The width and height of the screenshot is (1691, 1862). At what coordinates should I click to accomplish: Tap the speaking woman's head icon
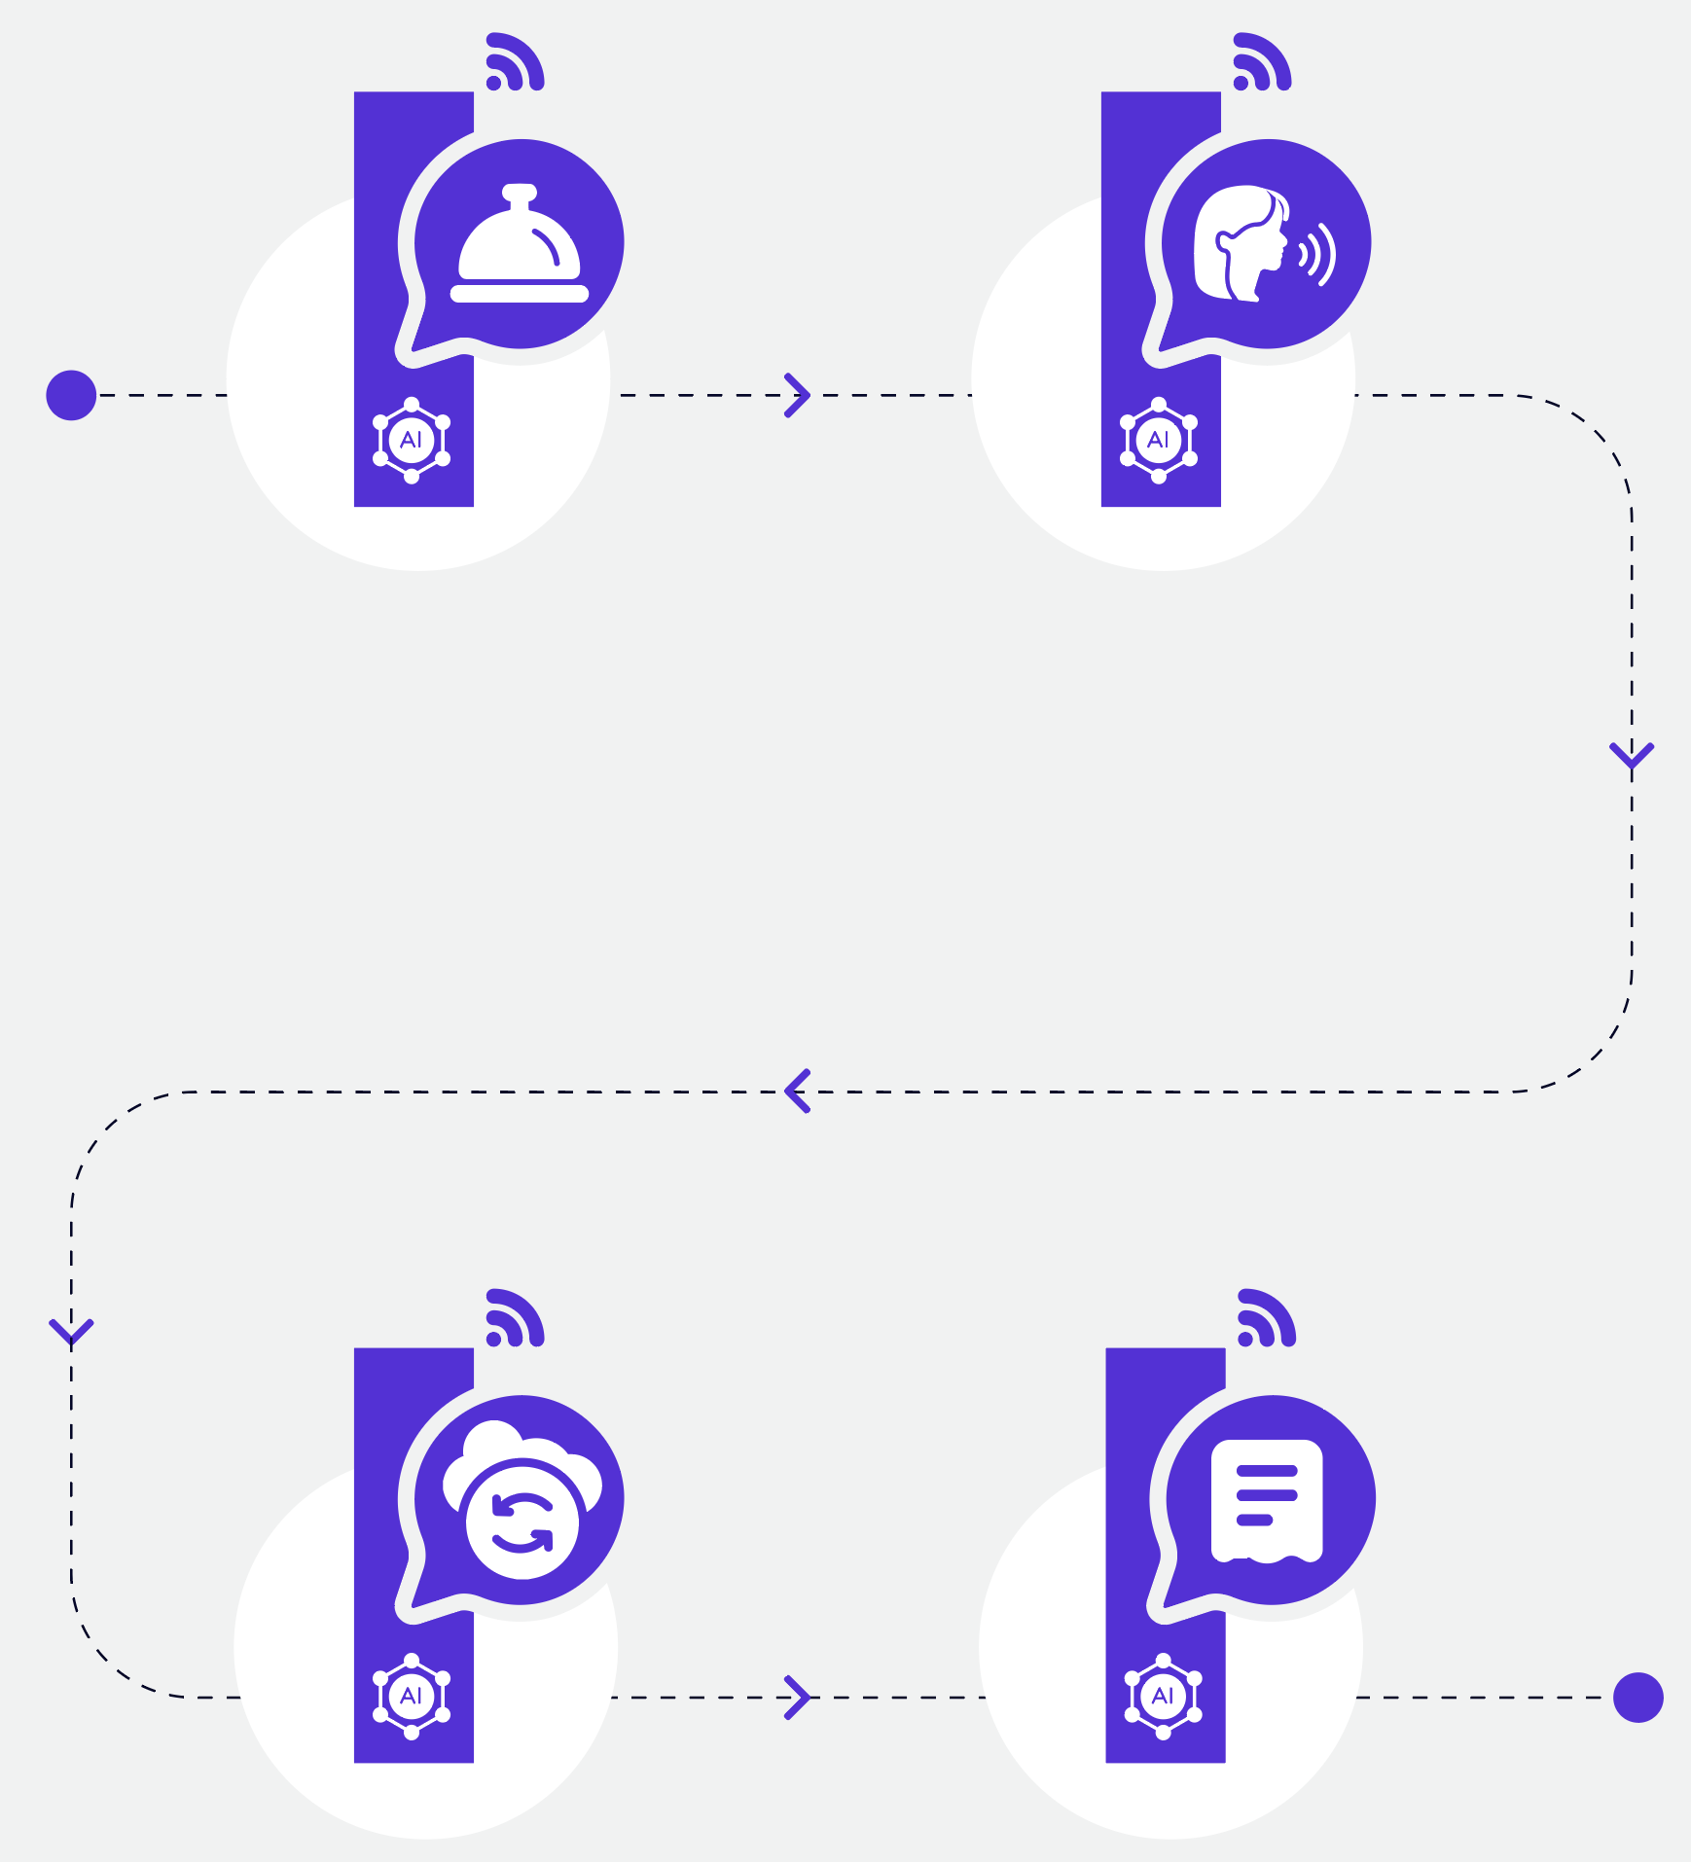click(1241, 243)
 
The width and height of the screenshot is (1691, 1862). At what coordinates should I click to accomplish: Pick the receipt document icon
click(1267, 1501)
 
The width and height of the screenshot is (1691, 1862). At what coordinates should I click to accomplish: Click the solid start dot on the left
click(71, 395)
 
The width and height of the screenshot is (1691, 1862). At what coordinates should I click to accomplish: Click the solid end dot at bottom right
click(1638, 1698)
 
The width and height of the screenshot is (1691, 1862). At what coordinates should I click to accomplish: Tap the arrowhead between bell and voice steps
click(798, 395)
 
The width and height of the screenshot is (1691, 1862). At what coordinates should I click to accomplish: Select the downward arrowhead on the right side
click(1632, 755)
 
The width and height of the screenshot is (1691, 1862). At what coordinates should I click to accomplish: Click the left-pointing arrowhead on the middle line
click(797, 1091)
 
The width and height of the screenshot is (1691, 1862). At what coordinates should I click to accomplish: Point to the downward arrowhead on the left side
click(71, 1332)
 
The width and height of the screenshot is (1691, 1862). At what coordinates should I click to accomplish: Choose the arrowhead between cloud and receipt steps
click(798, 1698)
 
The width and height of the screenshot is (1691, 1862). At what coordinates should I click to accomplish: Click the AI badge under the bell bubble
click(412, 440)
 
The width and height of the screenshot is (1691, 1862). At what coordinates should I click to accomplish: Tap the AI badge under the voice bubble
click(1159, 440)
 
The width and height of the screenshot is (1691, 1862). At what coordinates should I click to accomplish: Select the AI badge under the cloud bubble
click(412, 1696)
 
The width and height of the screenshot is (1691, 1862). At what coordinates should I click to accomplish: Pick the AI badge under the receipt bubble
click(1163, 1696)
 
